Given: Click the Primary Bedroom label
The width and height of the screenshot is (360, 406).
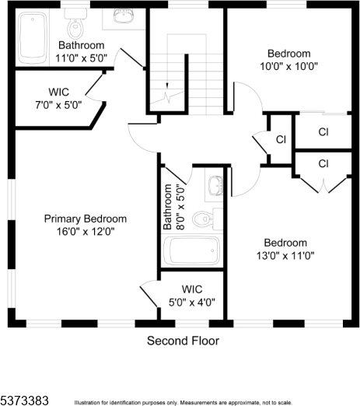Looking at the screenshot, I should (x=85, y=219).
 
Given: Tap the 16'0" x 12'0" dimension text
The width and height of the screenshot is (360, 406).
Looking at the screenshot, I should (x=85, y=231).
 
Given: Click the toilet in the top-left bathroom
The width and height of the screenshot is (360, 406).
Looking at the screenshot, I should (x=75, y=28).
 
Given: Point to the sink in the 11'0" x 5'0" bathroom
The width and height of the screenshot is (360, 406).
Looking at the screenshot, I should (x=125, y=16).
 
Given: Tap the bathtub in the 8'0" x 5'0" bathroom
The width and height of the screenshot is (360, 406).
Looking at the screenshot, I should (x=191, y=251).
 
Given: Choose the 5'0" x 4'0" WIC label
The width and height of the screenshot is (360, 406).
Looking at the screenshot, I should (x=192, y=296).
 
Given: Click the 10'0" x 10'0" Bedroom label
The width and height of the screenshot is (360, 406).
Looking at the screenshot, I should (x=288, y=59).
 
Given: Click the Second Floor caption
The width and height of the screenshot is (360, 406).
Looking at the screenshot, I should (x=183, y=341).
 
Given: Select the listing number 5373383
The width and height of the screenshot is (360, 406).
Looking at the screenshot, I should (x=24, y=400).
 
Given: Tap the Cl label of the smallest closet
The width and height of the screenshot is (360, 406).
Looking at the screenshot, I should (x=281, y=139).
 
